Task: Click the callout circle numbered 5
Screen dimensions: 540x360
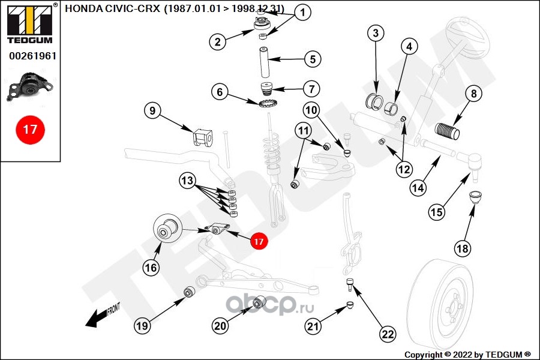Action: click(313, 59)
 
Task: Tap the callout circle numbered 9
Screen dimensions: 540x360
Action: click(152, 110)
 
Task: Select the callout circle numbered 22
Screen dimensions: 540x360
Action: click(388, 334)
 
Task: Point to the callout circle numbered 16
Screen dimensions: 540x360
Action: click(151, 268)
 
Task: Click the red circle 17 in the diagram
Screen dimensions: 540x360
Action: click(259, 241)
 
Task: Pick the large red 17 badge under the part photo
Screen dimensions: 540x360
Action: click(30, 130)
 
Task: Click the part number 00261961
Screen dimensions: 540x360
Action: click(32, 56)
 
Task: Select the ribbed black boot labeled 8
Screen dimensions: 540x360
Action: click(448, 131)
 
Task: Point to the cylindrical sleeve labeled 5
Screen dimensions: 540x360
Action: click(265, 62)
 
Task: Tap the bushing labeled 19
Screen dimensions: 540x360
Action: click(190, 292)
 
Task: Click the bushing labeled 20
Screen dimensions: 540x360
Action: click(259, 302)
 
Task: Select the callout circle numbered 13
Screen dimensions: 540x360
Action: click(187, 180)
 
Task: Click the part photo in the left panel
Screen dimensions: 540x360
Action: click(30, 86)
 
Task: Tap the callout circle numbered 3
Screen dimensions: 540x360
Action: click(376, 33)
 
